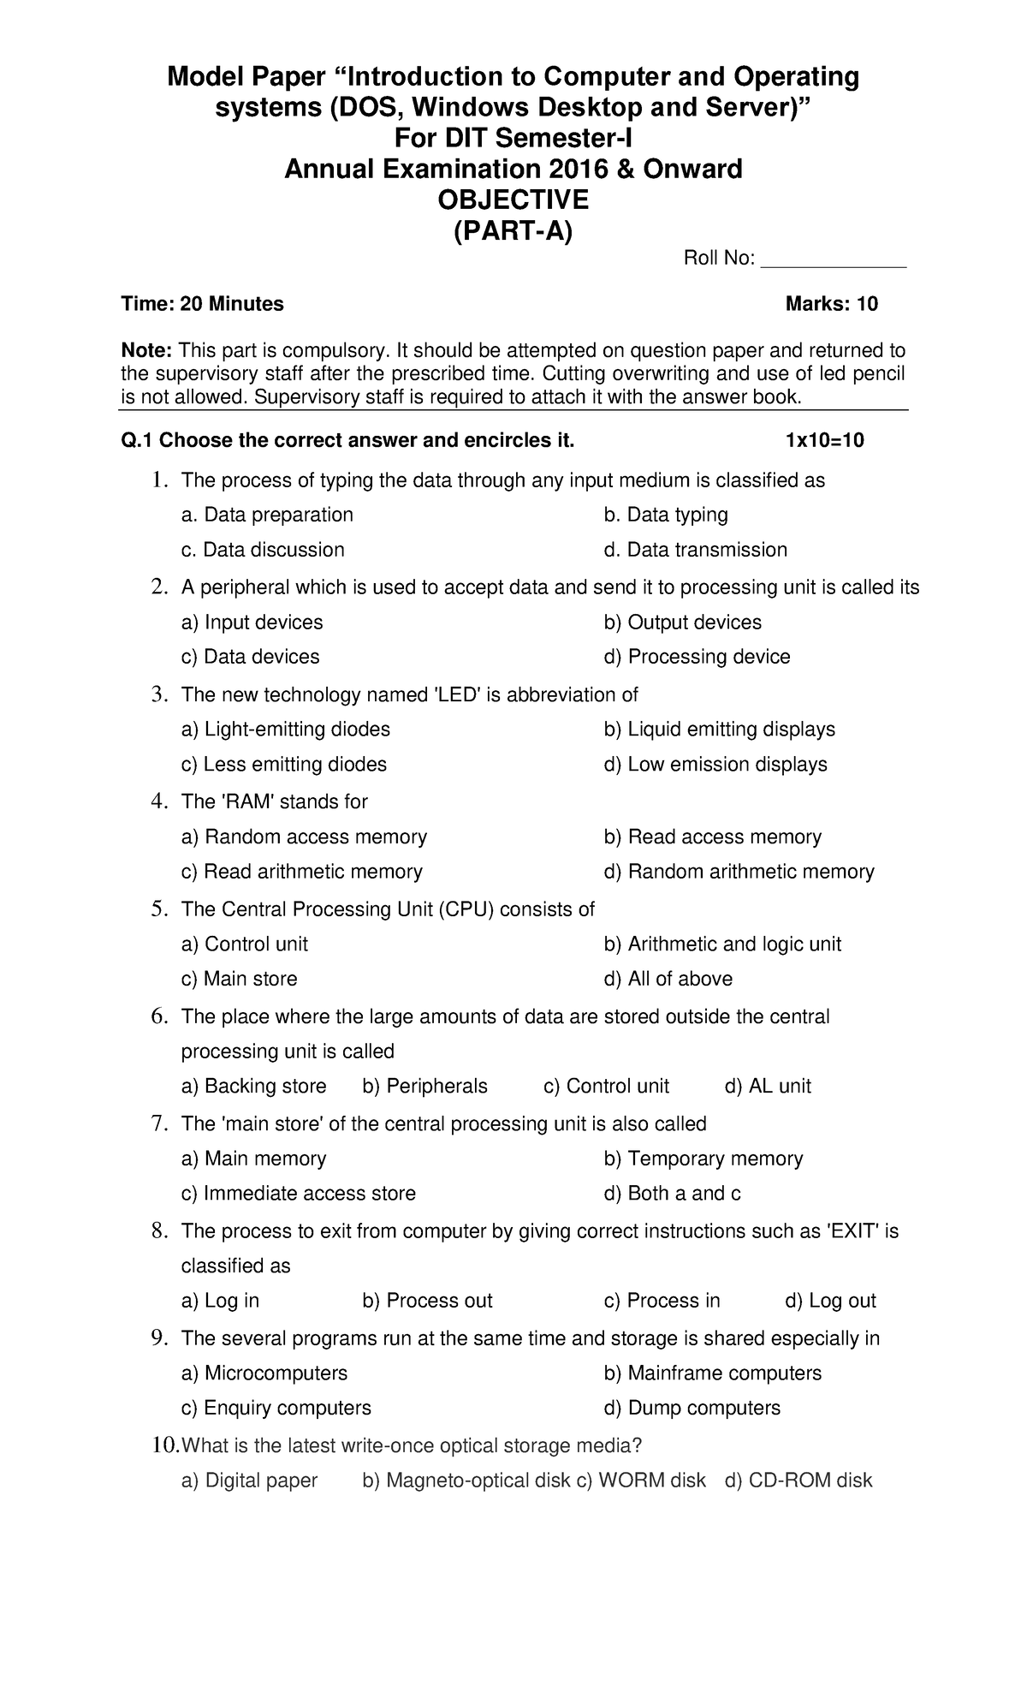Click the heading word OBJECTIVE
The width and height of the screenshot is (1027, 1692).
coord(513,200)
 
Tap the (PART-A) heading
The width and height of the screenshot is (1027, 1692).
coord(513,231)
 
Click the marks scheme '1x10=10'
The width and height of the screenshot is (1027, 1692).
coord(824,441)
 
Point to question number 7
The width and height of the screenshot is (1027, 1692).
coord(157,1123)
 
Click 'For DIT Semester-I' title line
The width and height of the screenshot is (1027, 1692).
coord(513,138)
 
